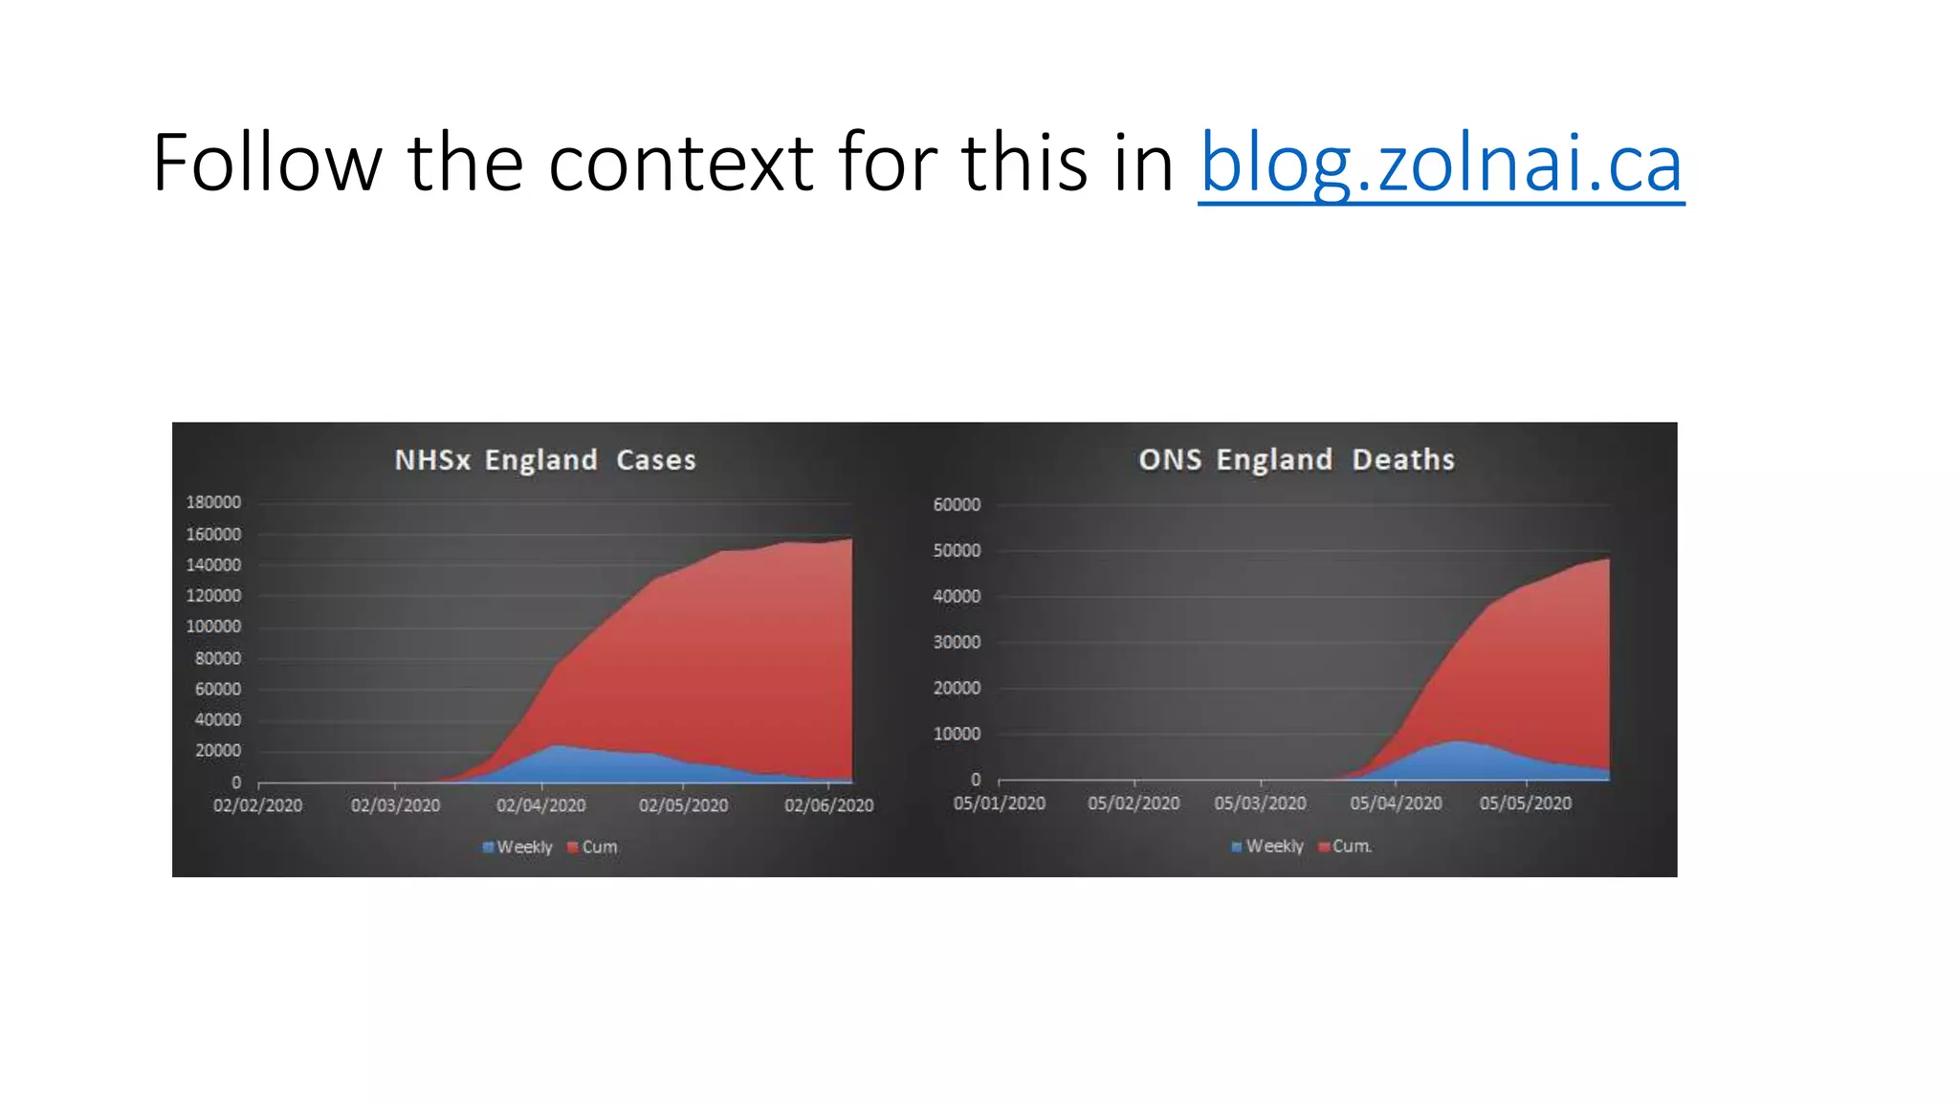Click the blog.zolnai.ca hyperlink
coord(1441,163)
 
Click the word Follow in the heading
coord(266,163)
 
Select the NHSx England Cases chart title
coord(545,460)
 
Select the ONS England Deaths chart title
coord(1296,460)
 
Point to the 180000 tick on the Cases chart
coord(213,502)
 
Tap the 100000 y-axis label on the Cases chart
coord(213,627)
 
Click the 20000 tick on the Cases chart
coord(218,751)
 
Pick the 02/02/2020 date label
coord(257,805)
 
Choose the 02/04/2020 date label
coord(540,805)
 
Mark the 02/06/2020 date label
coord(828,805)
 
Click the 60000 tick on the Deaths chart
coord(957,504)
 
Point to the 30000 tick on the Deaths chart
coord(957,642)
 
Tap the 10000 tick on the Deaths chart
coord(957,734)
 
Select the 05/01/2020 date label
coord(999,804)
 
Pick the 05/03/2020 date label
coord(1260,804)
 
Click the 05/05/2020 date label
coord(1525,804)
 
